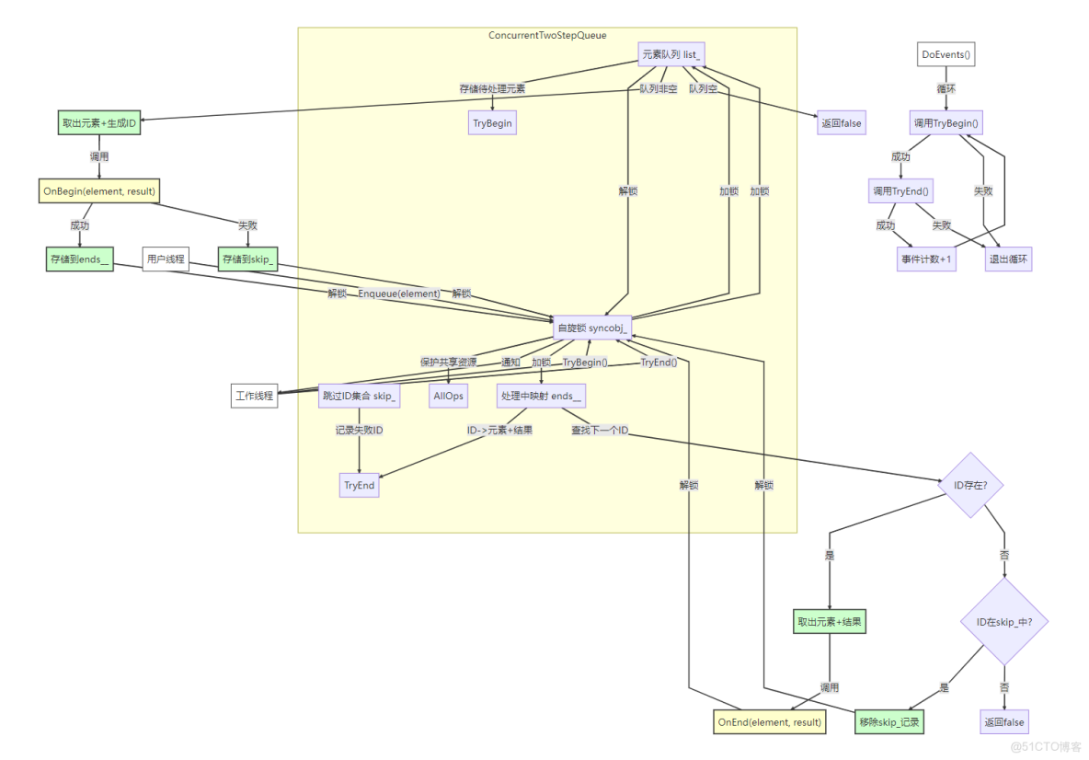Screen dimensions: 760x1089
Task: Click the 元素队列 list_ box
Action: (671, 54)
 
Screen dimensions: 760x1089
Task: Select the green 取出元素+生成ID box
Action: (99, 123)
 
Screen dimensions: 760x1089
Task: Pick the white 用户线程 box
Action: (166, 259)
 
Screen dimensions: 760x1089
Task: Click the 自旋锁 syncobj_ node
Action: (592, 328)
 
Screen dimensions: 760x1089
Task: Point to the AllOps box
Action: (448, 396)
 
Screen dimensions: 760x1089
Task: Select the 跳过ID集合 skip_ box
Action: (359, 396)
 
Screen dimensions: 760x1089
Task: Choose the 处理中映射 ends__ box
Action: (541, 396)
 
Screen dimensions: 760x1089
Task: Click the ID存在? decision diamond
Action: (971, 484)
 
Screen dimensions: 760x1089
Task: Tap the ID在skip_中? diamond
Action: (1004, 622)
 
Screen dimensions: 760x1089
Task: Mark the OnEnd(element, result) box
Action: (770, 722)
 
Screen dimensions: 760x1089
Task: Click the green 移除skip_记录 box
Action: (888, 722)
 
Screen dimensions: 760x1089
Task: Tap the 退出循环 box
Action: (1009, 259)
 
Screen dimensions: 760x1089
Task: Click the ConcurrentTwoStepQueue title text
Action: (547, 35)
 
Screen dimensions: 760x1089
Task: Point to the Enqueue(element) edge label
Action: (399, 294)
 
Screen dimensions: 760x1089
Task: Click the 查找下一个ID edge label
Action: (600, 430)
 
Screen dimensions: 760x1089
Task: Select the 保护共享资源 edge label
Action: (448, 362)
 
